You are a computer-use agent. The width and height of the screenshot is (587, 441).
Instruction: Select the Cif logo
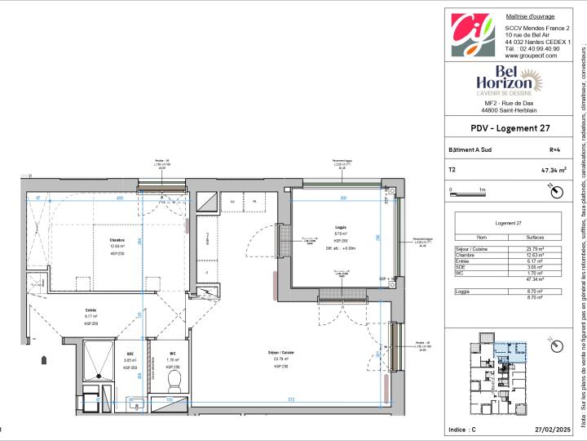473,35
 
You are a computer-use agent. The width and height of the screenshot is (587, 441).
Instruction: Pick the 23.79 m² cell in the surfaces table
538,248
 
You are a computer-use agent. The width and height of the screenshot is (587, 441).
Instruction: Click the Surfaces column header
538,237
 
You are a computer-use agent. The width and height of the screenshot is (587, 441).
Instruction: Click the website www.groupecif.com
532,56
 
